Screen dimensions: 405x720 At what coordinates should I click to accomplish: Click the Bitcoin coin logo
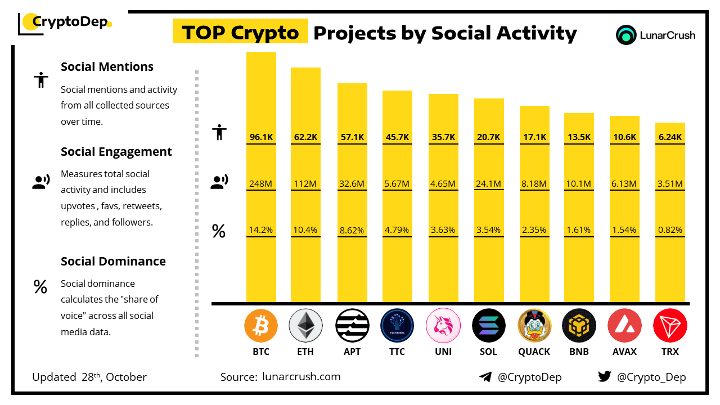[261, 326]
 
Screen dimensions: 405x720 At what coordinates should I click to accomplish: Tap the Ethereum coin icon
[305, 326]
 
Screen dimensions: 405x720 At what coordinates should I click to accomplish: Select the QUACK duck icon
[534, 326]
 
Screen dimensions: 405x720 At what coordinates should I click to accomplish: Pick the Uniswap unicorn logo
[443, 326]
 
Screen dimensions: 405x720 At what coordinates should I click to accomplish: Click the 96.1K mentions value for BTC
[261, 137]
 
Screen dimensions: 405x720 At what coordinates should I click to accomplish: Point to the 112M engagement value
[305, 183]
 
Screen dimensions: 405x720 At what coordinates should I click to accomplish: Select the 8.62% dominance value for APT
[352, 230]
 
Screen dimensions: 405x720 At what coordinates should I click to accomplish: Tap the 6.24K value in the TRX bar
[670, 137]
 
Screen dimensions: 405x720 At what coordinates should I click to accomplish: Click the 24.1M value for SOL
[489, 183]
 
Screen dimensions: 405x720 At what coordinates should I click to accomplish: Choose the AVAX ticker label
[624, 352]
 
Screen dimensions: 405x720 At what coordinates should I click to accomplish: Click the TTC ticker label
[397, 352]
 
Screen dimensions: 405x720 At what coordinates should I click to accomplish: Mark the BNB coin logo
[579, 326]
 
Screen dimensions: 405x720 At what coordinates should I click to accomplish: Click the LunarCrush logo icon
[626, 35]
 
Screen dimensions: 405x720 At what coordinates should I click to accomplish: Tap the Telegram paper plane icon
[485, 377]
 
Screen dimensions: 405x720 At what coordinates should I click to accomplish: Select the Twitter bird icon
[605, 377]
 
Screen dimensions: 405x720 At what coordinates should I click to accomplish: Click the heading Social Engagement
[116, 152]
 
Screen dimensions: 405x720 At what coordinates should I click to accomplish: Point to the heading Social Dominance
[113, 262]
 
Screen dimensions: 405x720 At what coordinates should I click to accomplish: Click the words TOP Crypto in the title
[240, 33]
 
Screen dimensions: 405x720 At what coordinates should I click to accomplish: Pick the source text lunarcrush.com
[301, 377]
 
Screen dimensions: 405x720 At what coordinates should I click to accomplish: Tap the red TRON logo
[670, 326]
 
